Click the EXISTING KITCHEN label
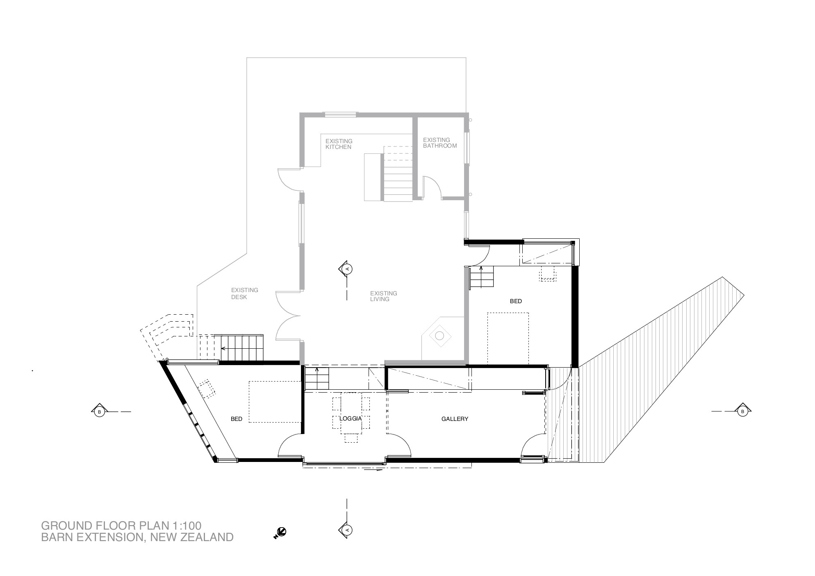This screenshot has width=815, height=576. (x=339, y=144)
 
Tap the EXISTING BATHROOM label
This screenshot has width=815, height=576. (x=440, y=143)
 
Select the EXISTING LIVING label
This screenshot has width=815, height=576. (x=384, y=296)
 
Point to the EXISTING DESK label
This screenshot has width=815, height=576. (x=245, y=293)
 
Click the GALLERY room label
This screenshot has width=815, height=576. (x=455, y=419)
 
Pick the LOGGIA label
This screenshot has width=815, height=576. (x=351, y=418)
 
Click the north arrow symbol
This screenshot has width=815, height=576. (x=280, y=533)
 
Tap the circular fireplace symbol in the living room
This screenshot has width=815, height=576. (x=439, y=336)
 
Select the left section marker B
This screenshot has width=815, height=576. (x=99, y=411)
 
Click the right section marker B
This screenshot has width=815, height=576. (x=742, y=411)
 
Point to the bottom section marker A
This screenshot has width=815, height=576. (x=347, y=530)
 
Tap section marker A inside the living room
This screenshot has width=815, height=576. (x=347, y=269)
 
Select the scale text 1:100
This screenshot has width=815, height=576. (x=187, y=526)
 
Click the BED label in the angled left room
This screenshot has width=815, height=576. (x=237, y=419)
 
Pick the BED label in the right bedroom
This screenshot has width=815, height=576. (x=516, y=301)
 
